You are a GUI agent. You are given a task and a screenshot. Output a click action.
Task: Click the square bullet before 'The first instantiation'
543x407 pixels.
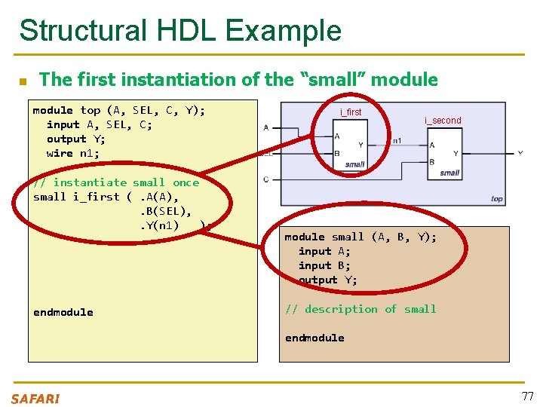pos(23,81)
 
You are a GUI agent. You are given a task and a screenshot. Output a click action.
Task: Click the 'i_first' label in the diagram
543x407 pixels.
pos(351,112)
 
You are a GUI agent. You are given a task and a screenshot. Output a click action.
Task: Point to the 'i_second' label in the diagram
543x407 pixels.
pos(443,121)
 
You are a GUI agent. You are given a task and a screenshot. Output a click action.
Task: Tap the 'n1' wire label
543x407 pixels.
pos(397,140)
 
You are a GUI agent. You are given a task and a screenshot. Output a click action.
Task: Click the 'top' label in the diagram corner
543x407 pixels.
pos(496,198)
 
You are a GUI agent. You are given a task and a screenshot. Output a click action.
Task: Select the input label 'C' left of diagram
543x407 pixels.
pos(266,179)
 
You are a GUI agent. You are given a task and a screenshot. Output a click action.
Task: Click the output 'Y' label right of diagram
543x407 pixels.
pos(520,153)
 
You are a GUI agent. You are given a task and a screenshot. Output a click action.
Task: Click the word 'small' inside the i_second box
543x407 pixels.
pos(449,173)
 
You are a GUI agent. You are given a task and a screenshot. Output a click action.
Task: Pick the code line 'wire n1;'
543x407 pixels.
pos(72,153)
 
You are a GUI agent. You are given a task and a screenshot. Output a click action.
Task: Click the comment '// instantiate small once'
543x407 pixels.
pos(116,182)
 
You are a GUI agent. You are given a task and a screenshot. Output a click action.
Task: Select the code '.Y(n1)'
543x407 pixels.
pos(159,225)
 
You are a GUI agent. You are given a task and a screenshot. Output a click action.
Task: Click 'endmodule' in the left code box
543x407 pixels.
pos(63,312)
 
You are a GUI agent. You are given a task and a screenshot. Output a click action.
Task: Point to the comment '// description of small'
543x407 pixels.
pos(360,309)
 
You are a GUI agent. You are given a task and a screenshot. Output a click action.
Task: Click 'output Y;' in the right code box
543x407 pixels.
pos(328,280)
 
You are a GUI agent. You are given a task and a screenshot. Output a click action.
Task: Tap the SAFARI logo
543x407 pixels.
pos(35,399)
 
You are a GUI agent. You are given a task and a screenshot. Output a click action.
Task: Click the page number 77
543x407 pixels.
pos(526,396)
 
